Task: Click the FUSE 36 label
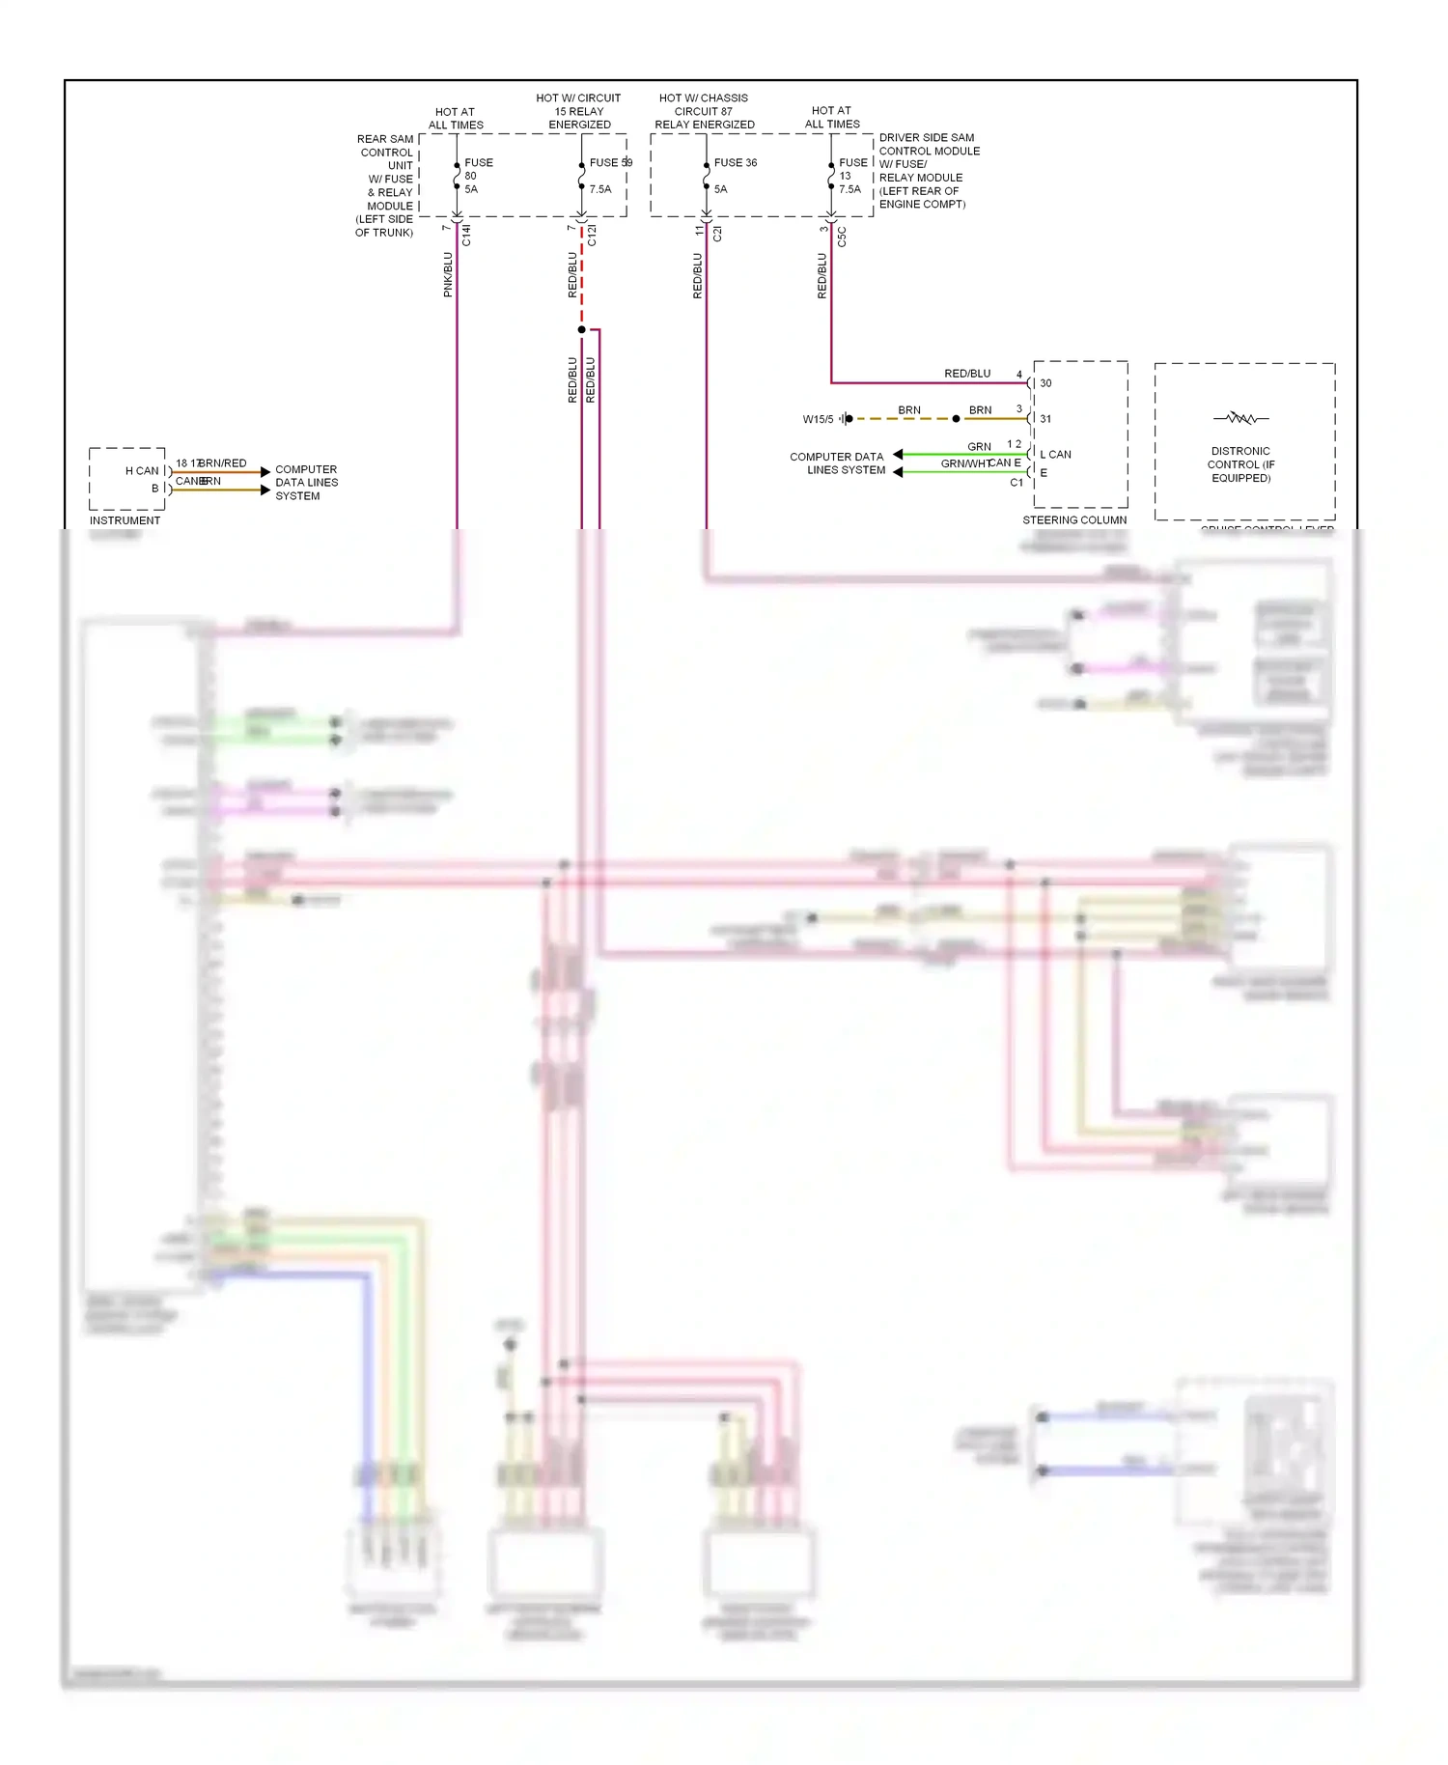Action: [x=735, y=162]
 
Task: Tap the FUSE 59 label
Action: [x=610, y=162]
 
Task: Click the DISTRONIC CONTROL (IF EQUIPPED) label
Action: [x=1240, y=464]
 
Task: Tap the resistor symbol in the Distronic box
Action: [x=1241, y=418]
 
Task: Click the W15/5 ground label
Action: [x=818, y=419]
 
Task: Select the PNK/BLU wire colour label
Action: [x=448, y=274]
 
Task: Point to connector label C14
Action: [x=467, y=235]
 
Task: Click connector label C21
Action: [x=717, y=234]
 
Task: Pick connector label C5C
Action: [x=842, y=237]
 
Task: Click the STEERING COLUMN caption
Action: [x=1074, y=519]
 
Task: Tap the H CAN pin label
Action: [x=142, y=471]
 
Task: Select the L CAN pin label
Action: [x=1055, y=454]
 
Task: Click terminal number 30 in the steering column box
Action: [x=1045, y=383]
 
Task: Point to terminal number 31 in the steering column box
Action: [x=1045, y=419]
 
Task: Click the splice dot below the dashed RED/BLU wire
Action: [x=581, y=330]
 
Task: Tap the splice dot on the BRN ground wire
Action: [x=956, y=419]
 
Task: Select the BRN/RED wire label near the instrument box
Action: [x=223, y=463]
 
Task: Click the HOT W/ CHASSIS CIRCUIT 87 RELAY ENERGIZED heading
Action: [x=704, y=111]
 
